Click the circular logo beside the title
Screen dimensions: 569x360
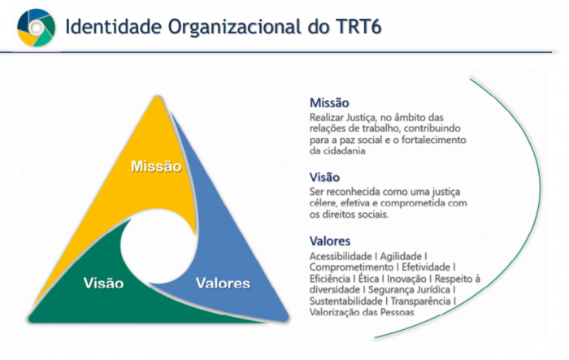click(x=37, y=28)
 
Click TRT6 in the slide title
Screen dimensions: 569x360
click(x=358, y=27)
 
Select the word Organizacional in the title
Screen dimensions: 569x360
click(x=234, y=28)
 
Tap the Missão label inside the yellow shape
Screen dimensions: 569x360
click(x=156, y=167)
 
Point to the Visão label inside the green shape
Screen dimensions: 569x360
click(x=104, y=283)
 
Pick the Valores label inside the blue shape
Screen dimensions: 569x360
click(x=224, y=283)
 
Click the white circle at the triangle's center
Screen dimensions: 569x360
click(x=159, y=247)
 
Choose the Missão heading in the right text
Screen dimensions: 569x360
click(x=329, y=103)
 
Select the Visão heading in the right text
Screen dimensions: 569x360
click(x=324, y=177)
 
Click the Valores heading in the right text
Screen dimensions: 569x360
click(x=330, y=241)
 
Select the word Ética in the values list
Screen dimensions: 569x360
click(x=368, y=279)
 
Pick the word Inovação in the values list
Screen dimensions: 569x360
click(x=406, y=279)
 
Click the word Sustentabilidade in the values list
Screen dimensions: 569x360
click(x=345, y=301)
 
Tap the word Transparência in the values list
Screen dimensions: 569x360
click(x=420, y=301)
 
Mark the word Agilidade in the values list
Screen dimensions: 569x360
click(x=401, y=256)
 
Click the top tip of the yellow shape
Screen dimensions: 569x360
click(x=158, y=97)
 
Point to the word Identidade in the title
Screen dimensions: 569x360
click(x=113, y=27)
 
